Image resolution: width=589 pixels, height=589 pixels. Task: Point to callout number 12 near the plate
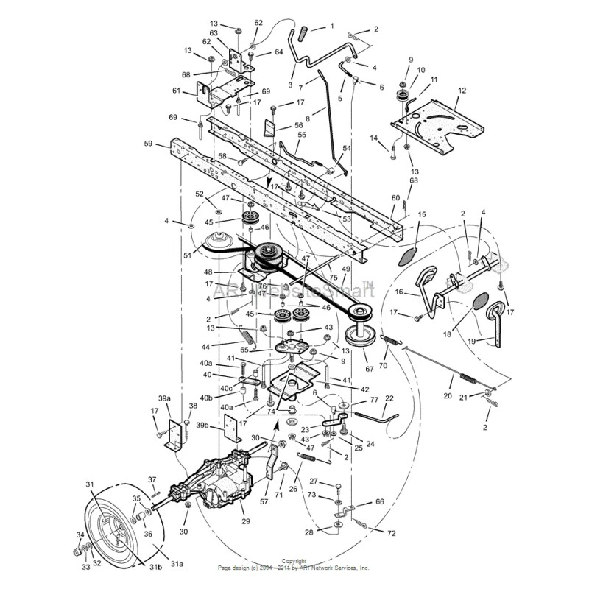click(x=462, y=91)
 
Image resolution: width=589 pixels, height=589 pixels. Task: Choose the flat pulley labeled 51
click(x=219, y=242)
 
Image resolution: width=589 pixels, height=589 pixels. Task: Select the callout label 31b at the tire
click(x=156, y=567)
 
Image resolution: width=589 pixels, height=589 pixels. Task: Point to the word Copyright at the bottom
click(x=294, y=561)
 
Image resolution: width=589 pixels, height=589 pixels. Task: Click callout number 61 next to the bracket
click(x=176, y=91)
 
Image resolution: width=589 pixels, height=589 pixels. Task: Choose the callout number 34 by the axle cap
click(x=78, y=535)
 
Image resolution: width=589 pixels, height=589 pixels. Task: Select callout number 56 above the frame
click(x=278, y=126)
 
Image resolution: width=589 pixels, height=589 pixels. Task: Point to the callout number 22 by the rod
click(x=389, y=398)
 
